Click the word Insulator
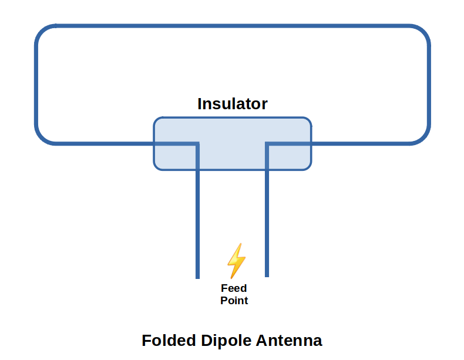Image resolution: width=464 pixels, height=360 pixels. (232, 104)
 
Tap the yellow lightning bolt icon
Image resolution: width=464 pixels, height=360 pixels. (236, 260)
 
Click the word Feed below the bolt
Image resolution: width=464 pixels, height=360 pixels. (234, 288)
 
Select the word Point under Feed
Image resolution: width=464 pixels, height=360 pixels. (234, 301)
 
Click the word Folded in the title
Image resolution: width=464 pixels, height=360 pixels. (169, 341)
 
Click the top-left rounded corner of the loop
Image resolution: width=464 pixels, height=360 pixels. (42, 32)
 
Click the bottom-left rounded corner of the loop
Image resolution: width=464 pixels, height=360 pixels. (42, 137)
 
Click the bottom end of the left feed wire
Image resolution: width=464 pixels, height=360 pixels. (197, 276)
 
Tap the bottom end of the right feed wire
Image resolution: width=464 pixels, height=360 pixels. (267, 275)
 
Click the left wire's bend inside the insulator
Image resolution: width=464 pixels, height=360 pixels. (197, 143)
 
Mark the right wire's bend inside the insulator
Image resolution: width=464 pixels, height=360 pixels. (267, 143)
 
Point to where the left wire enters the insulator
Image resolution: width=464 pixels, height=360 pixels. (154, 143)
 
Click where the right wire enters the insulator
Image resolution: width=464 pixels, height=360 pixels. (311, 143)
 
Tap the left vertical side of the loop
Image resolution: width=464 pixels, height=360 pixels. (36, 85)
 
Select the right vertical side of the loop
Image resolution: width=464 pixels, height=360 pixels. (429, 85)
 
